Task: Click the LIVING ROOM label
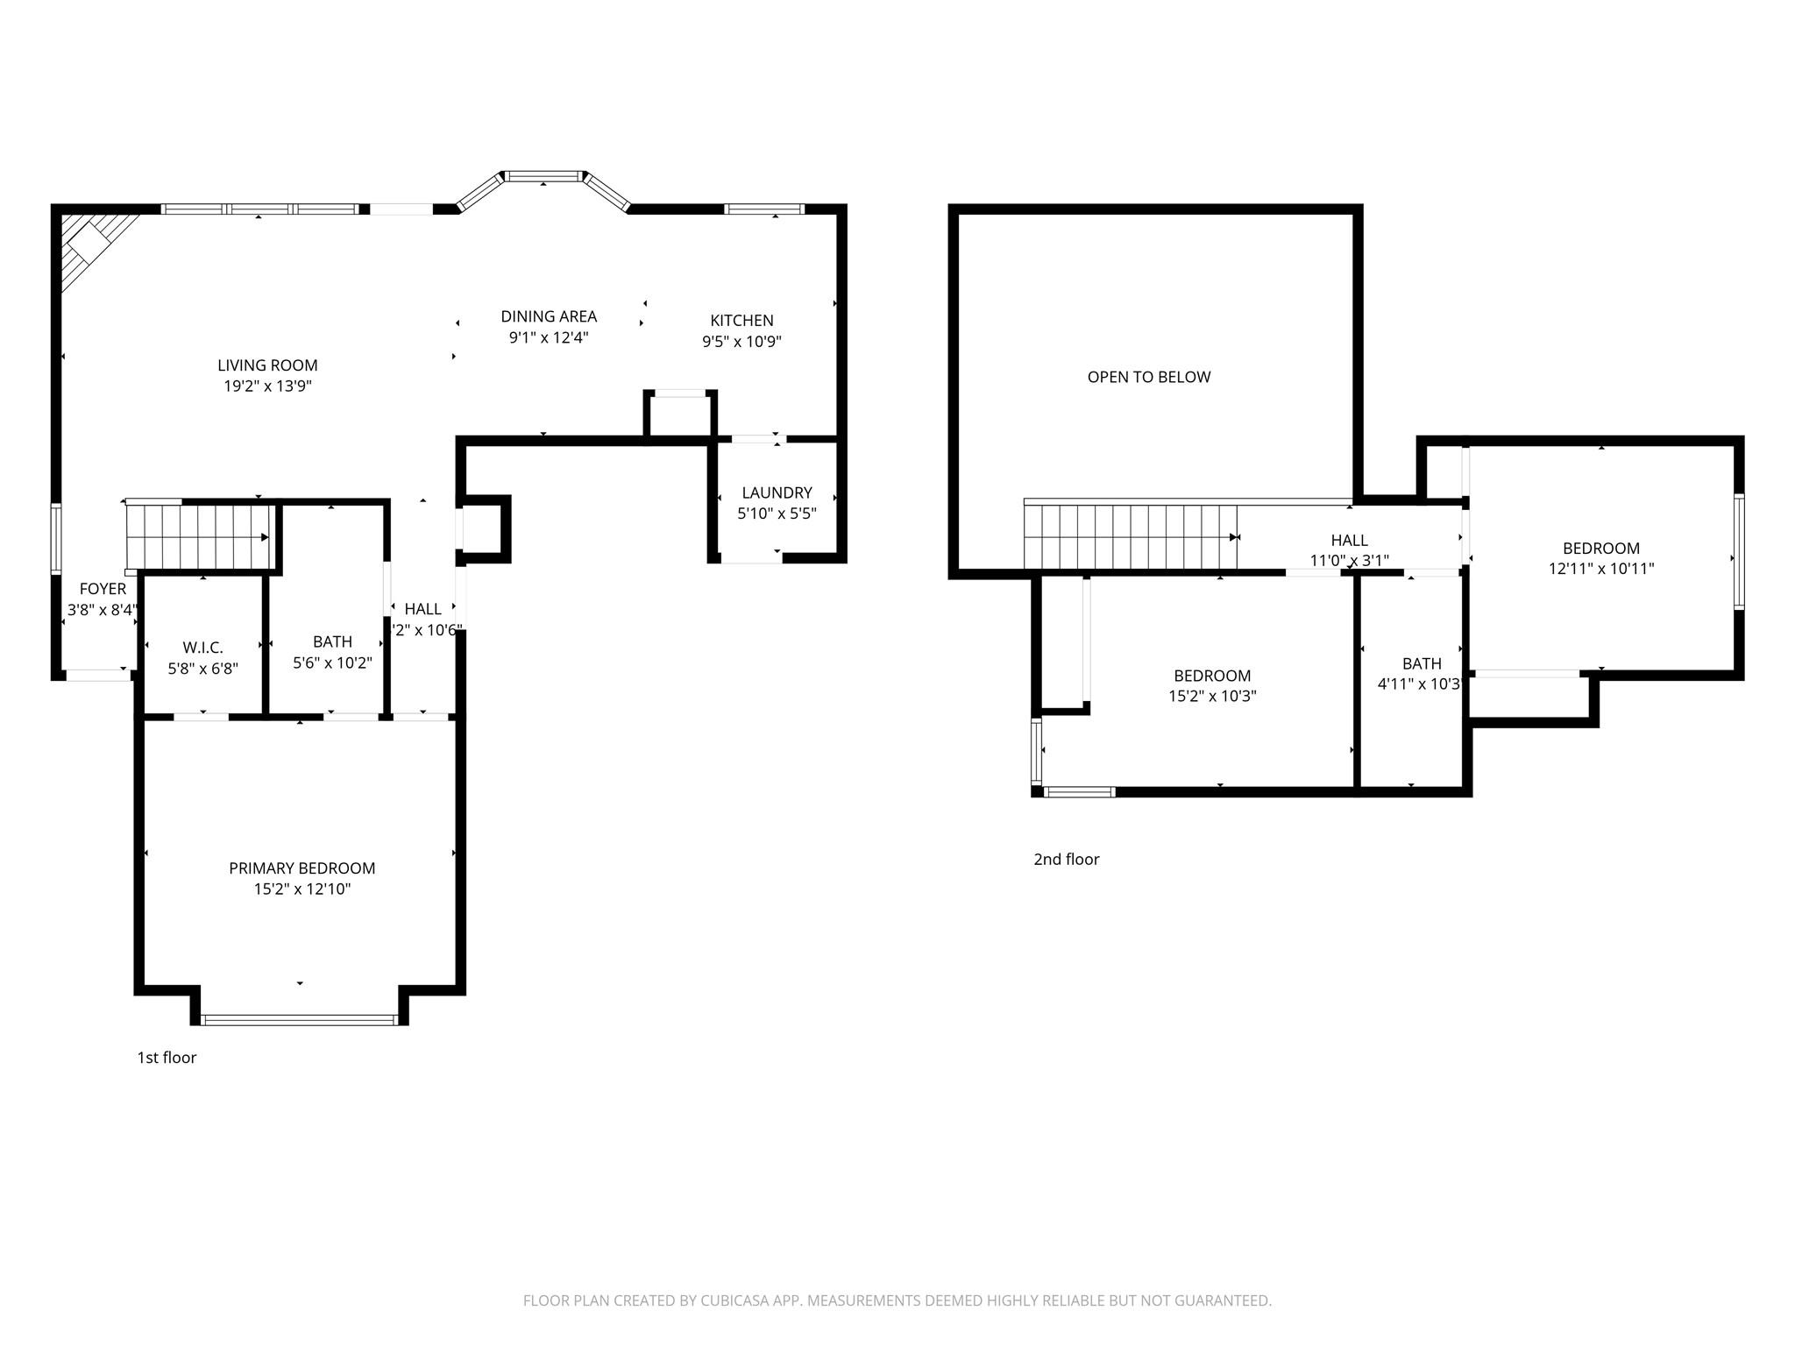pos(267,365)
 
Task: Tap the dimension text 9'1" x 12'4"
pos(549,337)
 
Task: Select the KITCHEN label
pos(741,321)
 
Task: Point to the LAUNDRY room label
pos(777,492)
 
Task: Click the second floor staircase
pos(1131,537)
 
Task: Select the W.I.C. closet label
pos(202,648)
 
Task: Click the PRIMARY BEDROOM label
pos(302,868)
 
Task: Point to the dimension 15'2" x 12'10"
pos(302,889)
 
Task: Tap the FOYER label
pos(103,589)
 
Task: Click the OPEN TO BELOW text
pos(1148,377)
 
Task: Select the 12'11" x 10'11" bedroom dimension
pos(1600,569)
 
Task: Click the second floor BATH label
pos(1421,663)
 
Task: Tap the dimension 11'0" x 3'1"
pos(1349,561)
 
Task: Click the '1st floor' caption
pos(167,1058)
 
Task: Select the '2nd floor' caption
pos(1066,860)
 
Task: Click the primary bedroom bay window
pos(299,1019)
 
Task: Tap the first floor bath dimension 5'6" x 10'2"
pos(332,663)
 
